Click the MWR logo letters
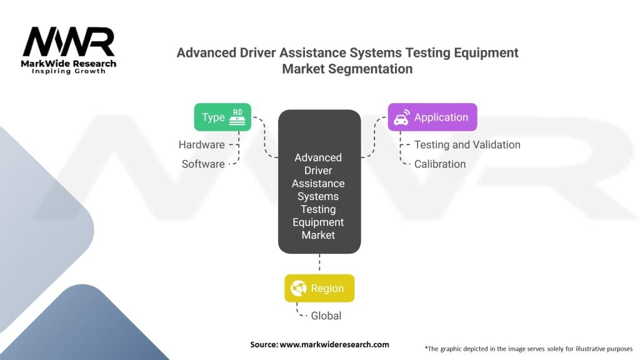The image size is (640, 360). [x=69, y=42]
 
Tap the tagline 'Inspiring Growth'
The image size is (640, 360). [x=69, y=71]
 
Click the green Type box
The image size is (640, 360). [x=222, y=117]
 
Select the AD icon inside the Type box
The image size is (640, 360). [x=237, y=117]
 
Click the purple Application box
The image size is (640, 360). [x=432, y=117]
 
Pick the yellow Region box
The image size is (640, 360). [x=319, y=288]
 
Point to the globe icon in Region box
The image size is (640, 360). [x=299, y=288]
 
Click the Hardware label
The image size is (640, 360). [x=201, y=144]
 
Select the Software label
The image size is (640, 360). [x=203, y=164]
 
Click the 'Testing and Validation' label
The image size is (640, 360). [x=467, y=144]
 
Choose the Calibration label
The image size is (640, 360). [x=439, y=164]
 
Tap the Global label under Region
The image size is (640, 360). [x=326, y=316]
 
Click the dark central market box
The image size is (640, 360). [x=319, y=181]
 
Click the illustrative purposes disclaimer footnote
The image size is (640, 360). [x=528, y=348]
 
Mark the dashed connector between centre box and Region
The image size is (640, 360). [x=319, y=264]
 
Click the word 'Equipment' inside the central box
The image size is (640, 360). [x=319, y=222]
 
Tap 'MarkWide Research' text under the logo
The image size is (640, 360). [x=69, y=63]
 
